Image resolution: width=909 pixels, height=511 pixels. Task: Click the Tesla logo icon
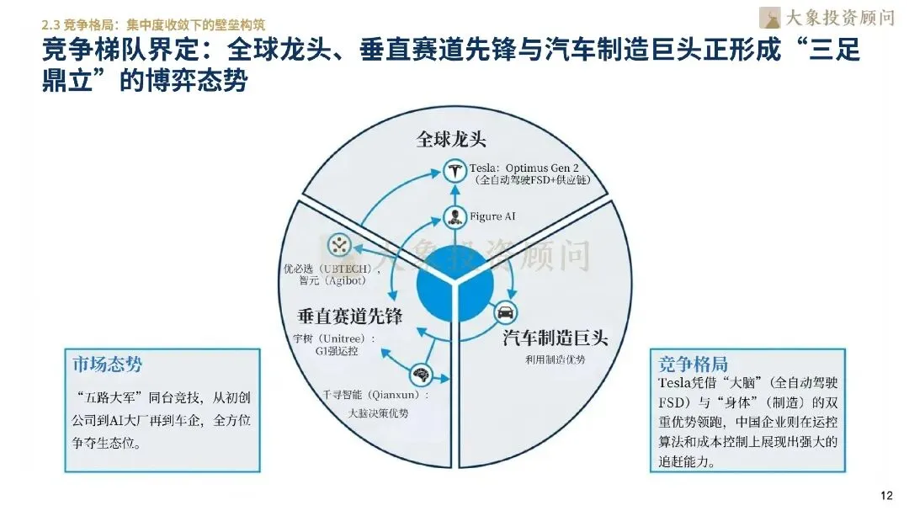click(x=454, y=172)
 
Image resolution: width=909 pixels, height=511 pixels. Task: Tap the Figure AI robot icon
click(x=454, y=217)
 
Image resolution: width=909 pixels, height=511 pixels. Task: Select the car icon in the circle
click(x=505, y=312)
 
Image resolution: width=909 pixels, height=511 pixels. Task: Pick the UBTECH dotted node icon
click(x=340, y=245)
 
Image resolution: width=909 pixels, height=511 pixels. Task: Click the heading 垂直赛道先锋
click(x=350, y=317)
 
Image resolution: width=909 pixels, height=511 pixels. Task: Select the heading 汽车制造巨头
click(x=555, y=338)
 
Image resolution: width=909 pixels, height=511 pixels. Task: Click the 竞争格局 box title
click(x=693, y=364)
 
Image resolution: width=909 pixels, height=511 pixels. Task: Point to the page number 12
click(x=885, y=494)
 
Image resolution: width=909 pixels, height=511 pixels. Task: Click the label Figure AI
click(x=492, y=217)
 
